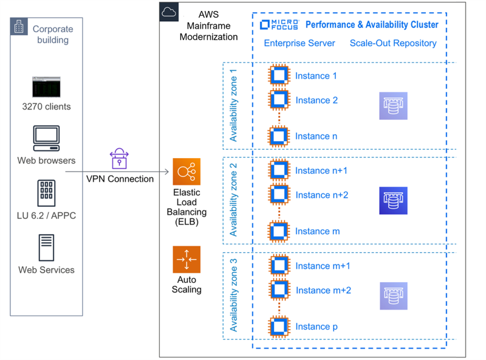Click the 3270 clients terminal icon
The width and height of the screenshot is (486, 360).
coord(46,88)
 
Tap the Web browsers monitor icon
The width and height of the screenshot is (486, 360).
coord(46,138)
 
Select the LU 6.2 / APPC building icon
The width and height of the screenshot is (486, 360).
coord(46,193)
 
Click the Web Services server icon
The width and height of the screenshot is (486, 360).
coord(46,247)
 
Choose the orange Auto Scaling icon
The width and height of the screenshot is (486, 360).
coord(187,260)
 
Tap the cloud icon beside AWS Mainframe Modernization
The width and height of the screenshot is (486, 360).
coord(169,12)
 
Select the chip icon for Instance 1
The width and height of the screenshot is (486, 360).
coord(279,76)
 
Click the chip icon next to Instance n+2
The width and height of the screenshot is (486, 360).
coord(279,195)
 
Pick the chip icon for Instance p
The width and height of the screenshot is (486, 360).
coord(279,327)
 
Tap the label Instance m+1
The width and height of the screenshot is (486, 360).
coord(323,266)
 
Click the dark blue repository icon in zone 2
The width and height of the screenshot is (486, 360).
coord(393,201)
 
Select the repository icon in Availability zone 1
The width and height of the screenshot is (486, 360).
coord(393,106)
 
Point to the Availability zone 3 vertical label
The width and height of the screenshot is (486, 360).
coord(234,295)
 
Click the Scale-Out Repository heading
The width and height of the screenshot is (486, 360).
coord(393,43)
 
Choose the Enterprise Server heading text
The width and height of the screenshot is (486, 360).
coord(299,43)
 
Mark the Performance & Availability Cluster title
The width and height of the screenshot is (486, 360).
coord(372,25)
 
